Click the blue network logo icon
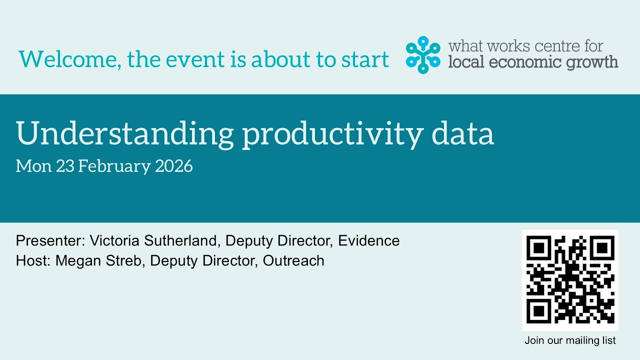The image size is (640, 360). pos(423,54)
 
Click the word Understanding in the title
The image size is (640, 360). pos(125,134)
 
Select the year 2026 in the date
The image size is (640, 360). pos(173,166)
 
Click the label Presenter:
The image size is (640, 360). pos(50,240)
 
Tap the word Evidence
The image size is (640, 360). pos(368,240)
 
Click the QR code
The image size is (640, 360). pos(570,280)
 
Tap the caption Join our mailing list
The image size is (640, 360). pos(570,341)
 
